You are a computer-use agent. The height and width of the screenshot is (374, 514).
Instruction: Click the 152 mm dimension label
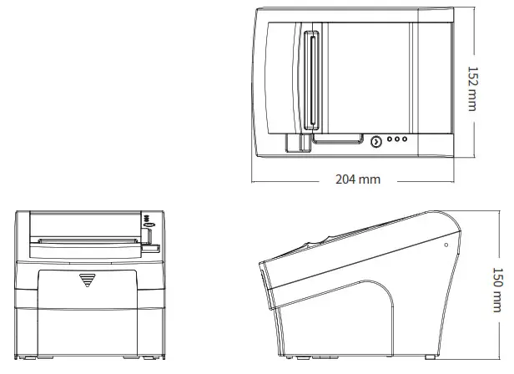coord(473,89)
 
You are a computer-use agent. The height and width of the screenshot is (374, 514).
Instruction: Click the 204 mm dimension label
coord(357,179)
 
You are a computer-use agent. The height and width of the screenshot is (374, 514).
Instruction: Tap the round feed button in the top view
coord(375,142)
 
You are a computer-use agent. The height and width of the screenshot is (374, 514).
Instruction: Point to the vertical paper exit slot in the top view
coord(312,82)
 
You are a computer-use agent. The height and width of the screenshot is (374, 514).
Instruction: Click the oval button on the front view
coord(149,224)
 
